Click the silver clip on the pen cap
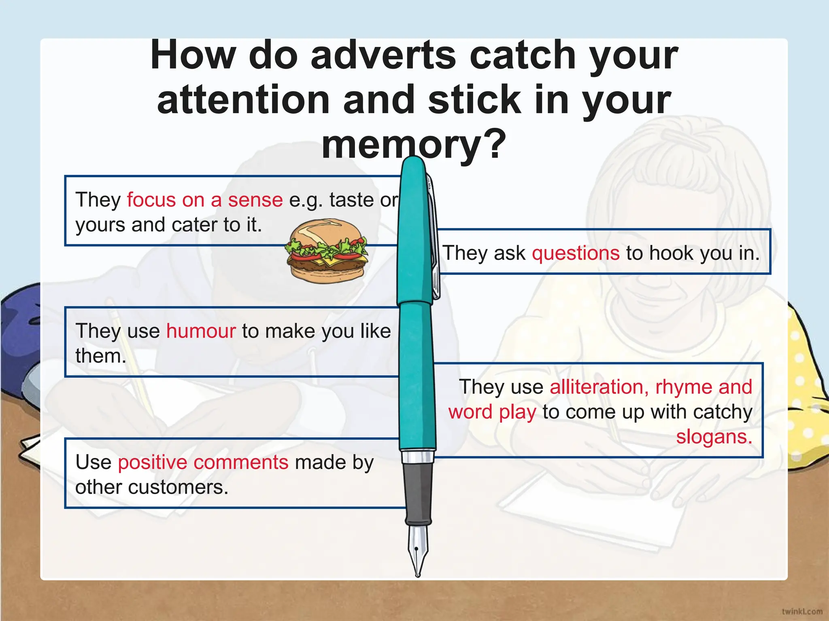click(x=434, y=239)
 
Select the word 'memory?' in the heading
click(x=414, y=144)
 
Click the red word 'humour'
click(x=201, y=331)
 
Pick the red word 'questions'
click(x=575, y=253)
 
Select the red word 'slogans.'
click(x=714, y=437)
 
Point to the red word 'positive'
click(x=152, y=463)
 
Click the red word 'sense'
click(x=255, y=200)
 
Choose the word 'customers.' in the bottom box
click(x=178, y=488)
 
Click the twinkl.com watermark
click(x=802, y=611)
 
